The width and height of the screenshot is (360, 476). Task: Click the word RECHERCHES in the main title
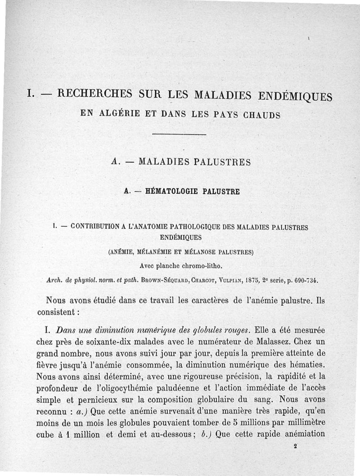click(x=95, y=94)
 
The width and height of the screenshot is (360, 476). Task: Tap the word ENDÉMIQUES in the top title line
click(x=295, y=96)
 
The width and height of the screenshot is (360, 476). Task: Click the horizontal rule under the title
click(x=180, y=135)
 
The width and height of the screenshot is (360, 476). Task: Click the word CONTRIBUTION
click(x=96, y=227)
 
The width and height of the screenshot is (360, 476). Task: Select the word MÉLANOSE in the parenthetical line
click(x=195, y=252)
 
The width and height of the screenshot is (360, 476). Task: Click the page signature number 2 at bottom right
click(x=295, y=447)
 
